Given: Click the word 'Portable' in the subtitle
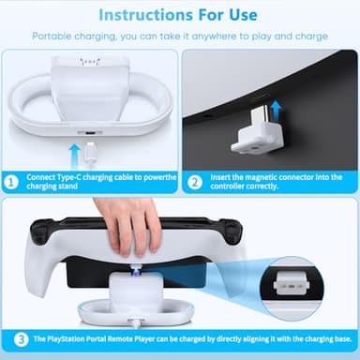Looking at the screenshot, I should pos(53,36).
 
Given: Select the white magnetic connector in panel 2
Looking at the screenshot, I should pos(254,135).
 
